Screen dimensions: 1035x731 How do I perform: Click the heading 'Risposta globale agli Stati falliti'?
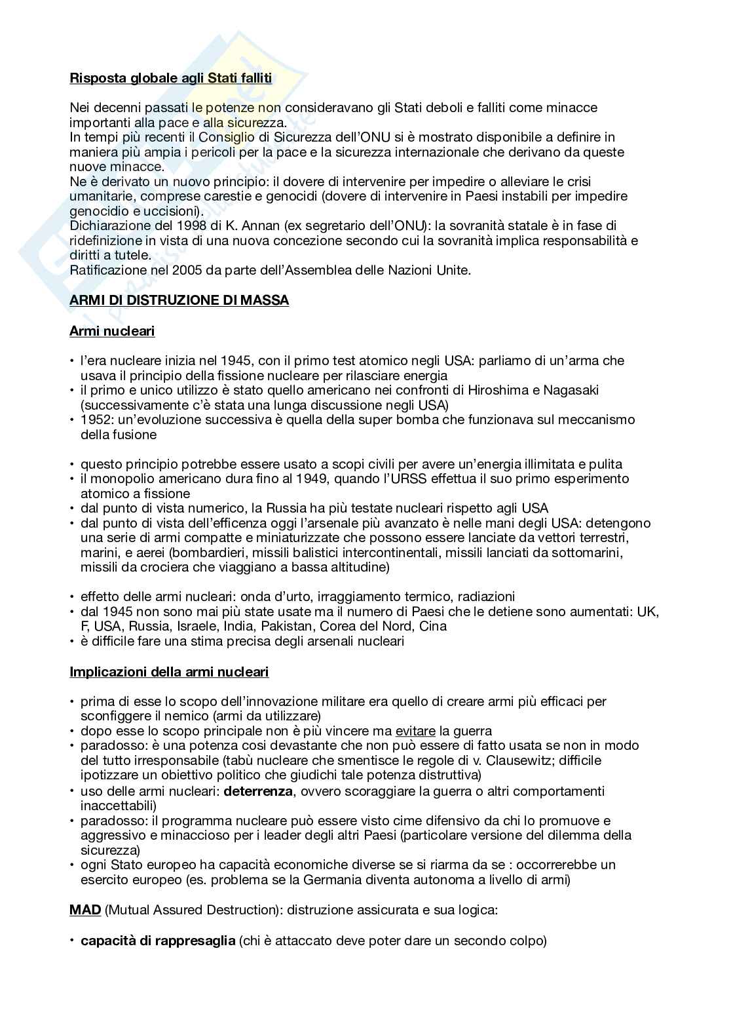(x=170, y=78)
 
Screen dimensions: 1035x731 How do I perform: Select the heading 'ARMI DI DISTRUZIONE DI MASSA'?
(x=179, y=300)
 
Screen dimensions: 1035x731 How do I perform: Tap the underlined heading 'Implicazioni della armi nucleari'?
(x=169, y=672)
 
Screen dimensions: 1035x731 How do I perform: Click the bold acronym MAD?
(x=85, y=910)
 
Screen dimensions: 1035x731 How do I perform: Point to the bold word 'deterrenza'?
(x=258, y=791)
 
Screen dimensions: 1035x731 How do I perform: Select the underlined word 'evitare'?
(x=415, y=731)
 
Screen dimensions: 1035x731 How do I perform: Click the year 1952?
(x=94, y=420)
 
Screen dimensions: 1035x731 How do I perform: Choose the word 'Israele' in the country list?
(x=197, y=626)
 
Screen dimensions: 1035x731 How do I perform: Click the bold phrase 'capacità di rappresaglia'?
(x=157, y=941)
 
